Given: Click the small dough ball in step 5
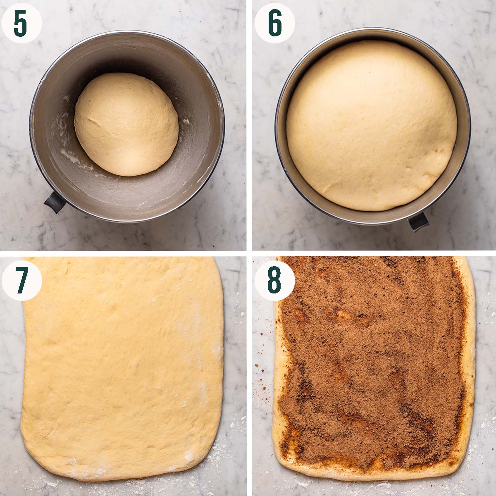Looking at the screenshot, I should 126,124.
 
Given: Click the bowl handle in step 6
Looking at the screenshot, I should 418,222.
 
